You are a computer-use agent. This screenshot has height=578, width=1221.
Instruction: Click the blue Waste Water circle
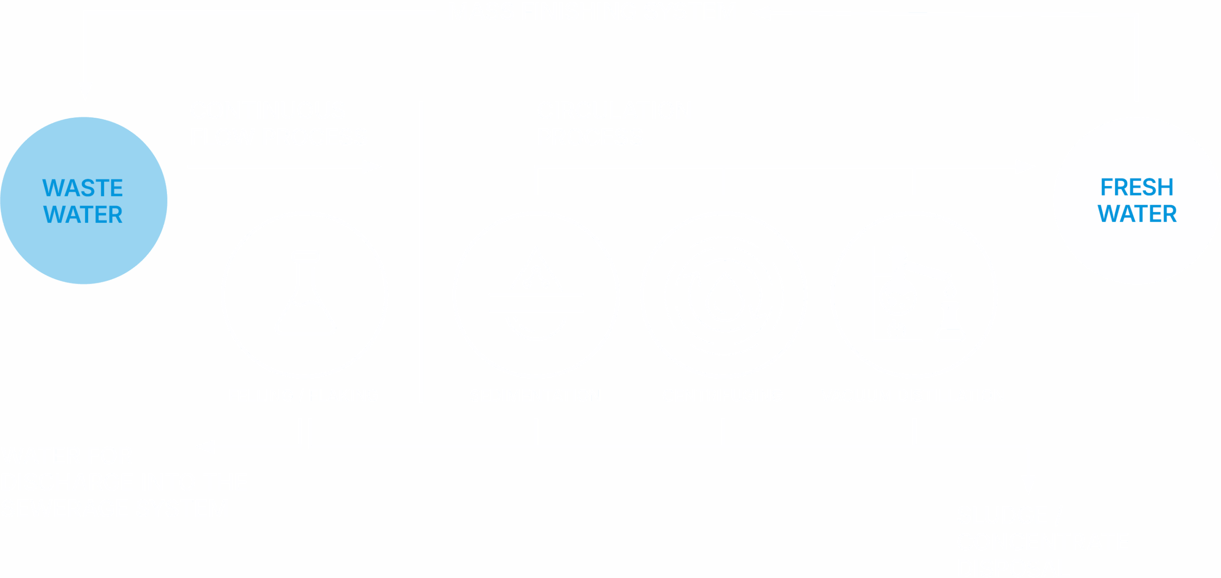83,200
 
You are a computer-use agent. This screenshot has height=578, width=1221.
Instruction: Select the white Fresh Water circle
1137,200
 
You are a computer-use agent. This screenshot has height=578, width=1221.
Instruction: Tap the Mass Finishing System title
592,11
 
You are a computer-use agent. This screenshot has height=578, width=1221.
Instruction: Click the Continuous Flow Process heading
278,124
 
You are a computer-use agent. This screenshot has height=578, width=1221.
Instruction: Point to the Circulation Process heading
614,124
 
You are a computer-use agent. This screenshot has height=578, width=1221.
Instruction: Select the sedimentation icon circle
536,295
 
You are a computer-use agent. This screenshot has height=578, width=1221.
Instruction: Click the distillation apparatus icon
914,295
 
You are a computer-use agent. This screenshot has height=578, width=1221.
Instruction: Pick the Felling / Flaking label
303,395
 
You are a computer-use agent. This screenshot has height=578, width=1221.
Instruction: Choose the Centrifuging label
723,395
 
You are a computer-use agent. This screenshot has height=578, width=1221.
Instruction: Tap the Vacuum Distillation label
913,395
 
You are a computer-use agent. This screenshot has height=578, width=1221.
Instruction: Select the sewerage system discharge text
124,482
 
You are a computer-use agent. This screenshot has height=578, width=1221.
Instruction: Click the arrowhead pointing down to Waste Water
85,90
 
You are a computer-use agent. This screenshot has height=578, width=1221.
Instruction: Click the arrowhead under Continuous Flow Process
372,166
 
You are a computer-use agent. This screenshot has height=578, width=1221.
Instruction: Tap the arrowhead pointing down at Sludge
1028,484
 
